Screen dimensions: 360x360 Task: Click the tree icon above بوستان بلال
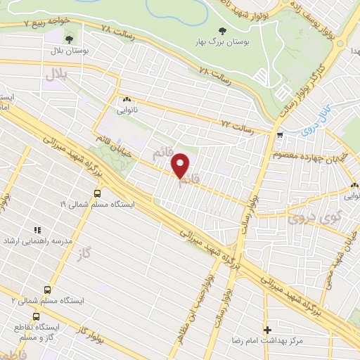[x=69, y=39]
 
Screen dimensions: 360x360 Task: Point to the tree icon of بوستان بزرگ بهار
[x=222, y=30]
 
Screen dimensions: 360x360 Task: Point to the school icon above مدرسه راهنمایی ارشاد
[x=37, y=229]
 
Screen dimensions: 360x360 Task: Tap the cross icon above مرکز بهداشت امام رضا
[x=267, y=329]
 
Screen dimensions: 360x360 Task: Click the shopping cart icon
[x=281, y=136]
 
